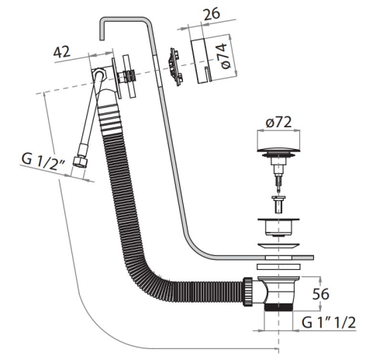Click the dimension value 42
point(61,52)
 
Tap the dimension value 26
point(212,14)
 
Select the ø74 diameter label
point(223,57)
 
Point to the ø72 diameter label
point(278,122)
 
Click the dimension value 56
point(320,294)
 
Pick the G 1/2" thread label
point(43,161)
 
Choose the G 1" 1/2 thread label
point(329,322)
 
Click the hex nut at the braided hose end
point(79,162)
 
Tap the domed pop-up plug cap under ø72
point(278,150)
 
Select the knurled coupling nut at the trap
point(248,292)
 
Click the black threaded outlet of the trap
point(278,307)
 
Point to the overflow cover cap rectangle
point(201,61)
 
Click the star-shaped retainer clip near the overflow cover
point(174,67)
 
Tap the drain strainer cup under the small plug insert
point(278,227)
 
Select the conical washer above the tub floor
point(278,246)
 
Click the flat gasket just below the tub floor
point(278,266)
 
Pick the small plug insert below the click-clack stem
point(278,204)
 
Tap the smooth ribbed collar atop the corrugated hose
point(109,119)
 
